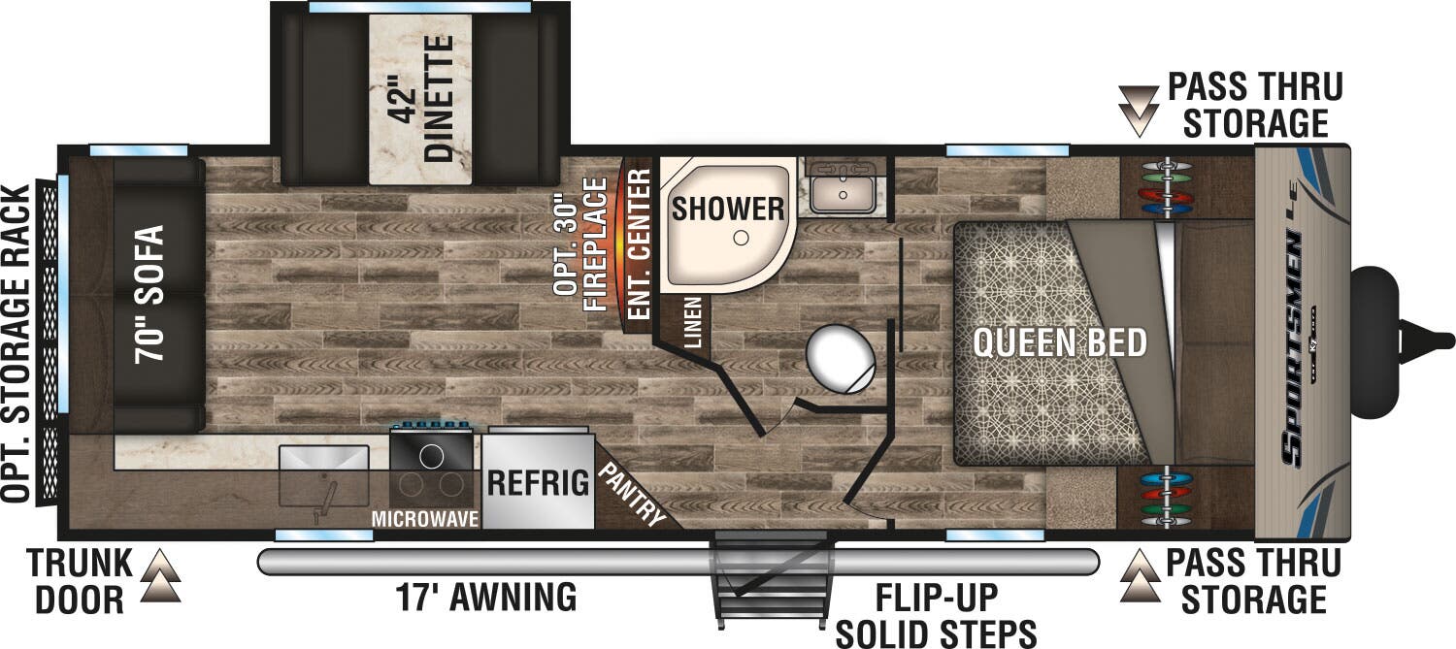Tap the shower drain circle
741,239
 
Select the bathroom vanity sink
844,187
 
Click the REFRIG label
538,483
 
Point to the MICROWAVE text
425,518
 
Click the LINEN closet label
694,322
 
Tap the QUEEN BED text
1060,342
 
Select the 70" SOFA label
149,294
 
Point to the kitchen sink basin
323,476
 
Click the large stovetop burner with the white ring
431,457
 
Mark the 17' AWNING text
486,597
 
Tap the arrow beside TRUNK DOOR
160,575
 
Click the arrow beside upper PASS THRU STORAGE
1139,112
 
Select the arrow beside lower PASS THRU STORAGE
1141,576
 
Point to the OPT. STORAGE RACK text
16,343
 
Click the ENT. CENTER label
641,243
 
